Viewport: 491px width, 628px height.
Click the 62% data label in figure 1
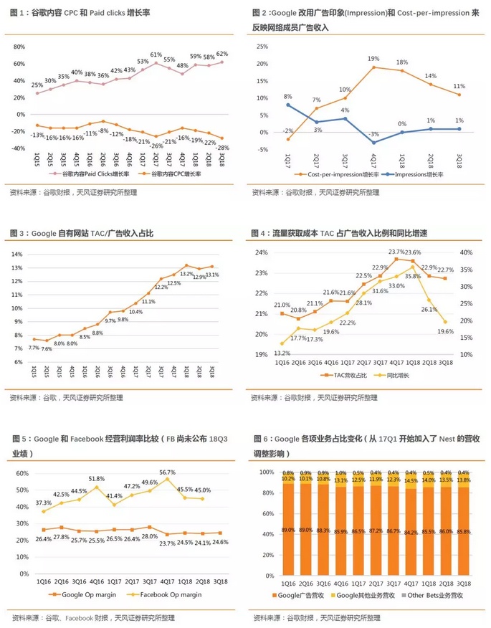(x=222, y=54)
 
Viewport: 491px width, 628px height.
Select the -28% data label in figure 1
(x=223, y=147)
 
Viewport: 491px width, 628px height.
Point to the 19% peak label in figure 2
(x=373, y=59)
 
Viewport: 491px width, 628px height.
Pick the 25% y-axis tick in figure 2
(x=262, y=46)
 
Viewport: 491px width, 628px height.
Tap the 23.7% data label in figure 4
(x=396, y=252)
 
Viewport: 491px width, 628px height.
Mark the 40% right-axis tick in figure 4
(x=464, y=252)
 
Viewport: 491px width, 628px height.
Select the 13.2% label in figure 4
(x=282, y=353)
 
